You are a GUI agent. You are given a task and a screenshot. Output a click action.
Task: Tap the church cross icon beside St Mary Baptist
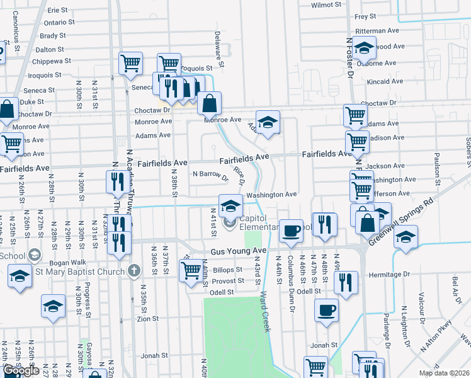133,272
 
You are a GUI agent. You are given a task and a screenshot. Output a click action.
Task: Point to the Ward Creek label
265,311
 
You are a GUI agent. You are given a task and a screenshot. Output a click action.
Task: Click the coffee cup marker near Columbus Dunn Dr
290,231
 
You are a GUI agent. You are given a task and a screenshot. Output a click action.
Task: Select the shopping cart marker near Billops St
191,270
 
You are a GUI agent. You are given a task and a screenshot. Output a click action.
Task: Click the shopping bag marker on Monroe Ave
210,102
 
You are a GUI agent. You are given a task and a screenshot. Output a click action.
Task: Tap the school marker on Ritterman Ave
364,47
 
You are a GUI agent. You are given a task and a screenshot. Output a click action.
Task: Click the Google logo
21,370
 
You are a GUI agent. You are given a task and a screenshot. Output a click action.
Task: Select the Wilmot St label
326,4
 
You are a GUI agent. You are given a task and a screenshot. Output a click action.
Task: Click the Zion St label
147,319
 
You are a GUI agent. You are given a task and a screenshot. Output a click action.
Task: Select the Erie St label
57,10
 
